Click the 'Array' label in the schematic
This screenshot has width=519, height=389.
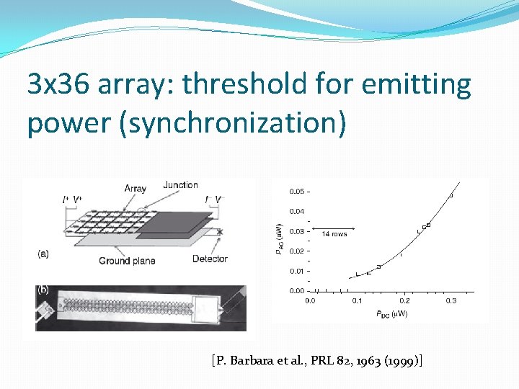point(135,189)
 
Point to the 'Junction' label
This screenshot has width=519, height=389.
point(180,185)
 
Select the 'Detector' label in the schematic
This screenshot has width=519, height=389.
point(210,259)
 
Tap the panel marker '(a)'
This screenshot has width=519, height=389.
point(44,254)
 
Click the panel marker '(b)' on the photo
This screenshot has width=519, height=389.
point(44,290)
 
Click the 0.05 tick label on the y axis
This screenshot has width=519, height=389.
point(296,192)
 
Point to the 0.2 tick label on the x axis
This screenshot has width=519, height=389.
point(404,301)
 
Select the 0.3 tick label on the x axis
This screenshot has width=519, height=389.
point(451,301)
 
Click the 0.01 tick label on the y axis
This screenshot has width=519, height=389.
point(296,271)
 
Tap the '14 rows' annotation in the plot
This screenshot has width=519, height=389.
point(334,234)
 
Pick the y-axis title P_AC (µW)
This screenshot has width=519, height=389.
point(278,239)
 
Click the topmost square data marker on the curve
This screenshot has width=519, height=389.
point(451,195)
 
